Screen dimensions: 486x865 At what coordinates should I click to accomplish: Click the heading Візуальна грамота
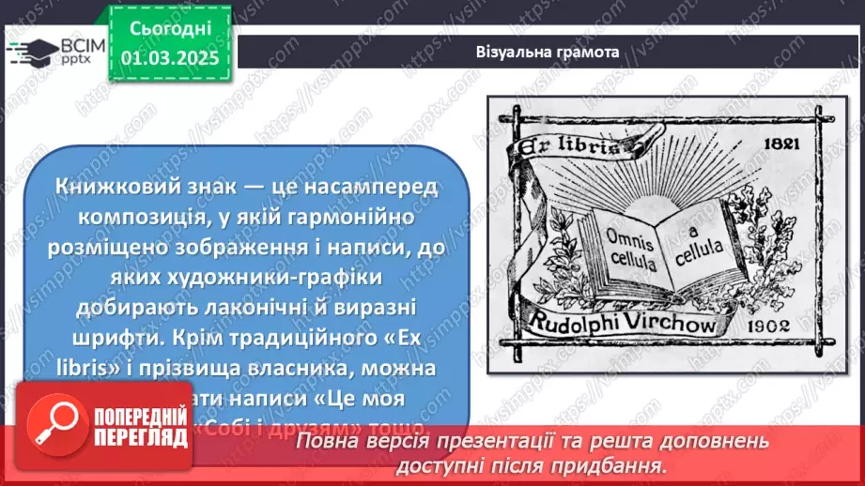tap(547, 53)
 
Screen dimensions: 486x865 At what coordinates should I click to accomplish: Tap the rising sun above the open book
tap(662, 198)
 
